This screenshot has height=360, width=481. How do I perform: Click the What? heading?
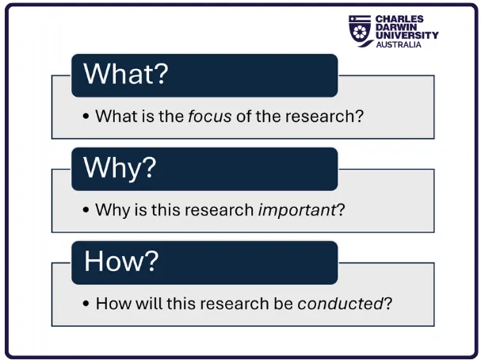point(126,74)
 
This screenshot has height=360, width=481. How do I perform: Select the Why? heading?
point(120,167)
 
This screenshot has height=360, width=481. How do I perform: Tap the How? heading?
point(120,261)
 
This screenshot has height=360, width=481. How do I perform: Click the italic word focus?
point(210,116)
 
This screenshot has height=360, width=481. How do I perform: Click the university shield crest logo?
point(361,30)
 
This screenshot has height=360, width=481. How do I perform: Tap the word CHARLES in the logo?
point(399,19)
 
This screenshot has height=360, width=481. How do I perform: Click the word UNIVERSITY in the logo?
point(407,36)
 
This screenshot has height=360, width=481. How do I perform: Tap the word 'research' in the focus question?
point(332,116)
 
